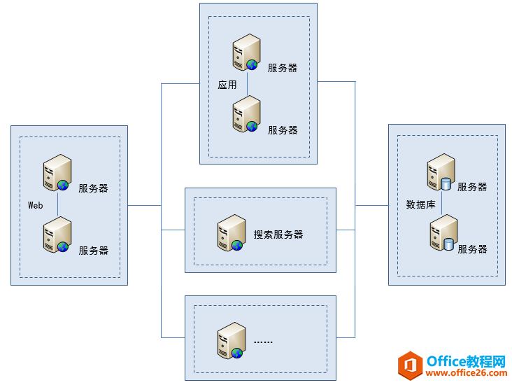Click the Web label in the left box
36,206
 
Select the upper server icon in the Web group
57,173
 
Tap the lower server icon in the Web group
57,234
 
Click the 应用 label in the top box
227,85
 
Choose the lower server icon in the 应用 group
246,114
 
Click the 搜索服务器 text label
278,234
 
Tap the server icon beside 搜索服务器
230,233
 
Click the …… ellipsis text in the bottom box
263,342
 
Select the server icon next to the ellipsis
230,341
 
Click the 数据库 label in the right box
421,205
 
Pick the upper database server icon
441,172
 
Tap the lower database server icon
443,233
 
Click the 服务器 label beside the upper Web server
93,188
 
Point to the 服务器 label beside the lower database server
472,248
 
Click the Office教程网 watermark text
466,361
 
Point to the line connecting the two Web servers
57,204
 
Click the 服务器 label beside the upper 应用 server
283,68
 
